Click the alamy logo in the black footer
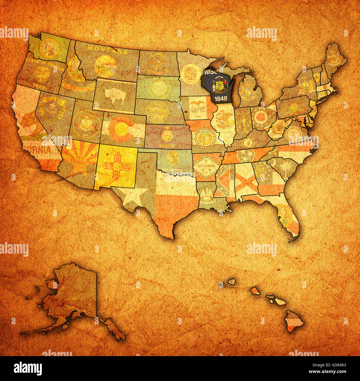coord(28,369)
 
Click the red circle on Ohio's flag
coord(261,117)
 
